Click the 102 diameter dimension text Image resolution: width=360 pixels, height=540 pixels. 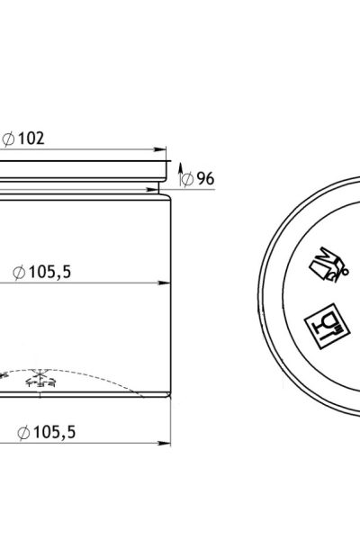pyautogui.click(x=31, y=139)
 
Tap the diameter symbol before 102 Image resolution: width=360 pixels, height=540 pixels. pyautogui.click(x=8, y=139)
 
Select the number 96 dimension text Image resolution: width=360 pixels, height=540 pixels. pyautogui.click(x=205, y=178)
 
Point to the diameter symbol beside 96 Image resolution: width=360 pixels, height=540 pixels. pyautogui.click(x=187, y=179)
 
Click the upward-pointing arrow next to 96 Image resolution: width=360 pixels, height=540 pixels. pyautogui.click(x=180, y=175)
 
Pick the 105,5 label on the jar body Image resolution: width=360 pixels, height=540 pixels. pyautogui.click(x=50, y=272)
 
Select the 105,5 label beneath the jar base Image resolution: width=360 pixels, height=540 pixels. pyautogui.click(x=54, y=432)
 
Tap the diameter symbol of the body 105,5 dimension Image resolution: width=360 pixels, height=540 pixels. pyautogui.click(x=19, y=273)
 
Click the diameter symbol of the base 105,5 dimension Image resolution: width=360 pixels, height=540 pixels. pyautogui.click(x=23, y=433)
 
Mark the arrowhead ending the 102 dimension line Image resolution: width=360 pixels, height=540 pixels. pyautogui.click(x=160, y=149)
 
